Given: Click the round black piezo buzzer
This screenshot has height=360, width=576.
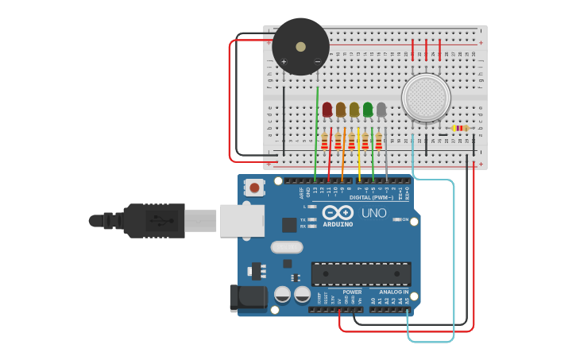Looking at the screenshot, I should [300, 46].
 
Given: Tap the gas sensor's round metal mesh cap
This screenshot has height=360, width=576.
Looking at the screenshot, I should [426, 98].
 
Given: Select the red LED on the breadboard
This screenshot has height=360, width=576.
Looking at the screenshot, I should [327, 110].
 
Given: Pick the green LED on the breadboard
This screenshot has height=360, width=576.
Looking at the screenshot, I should [368, 110].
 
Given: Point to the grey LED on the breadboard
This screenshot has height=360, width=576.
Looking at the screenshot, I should [381, 110].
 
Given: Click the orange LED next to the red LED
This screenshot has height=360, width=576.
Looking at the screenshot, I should [341, 110].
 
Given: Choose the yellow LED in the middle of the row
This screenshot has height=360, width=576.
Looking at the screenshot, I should [354, 110].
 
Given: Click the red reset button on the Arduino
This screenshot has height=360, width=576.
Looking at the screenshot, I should [254, 188].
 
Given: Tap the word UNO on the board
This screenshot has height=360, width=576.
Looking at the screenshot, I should [373, 213].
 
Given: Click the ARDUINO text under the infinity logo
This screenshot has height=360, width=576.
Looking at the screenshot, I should [338, 224].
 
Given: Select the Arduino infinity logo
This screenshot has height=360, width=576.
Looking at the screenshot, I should [338, 212].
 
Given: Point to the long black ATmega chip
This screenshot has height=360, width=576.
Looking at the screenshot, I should [361, 273].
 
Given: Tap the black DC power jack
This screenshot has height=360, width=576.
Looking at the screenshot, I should [247, 297].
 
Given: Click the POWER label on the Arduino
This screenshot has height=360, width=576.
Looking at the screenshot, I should [353, 292].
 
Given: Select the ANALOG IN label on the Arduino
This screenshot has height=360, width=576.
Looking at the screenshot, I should [394, 292].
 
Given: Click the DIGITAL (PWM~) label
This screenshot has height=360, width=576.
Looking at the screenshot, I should [371, 197].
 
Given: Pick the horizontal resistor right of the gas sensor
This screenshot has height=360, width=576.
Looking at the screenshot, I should [460, 128].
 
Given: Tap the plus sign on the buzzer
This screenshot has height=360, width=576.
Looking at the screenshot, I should [284, 61].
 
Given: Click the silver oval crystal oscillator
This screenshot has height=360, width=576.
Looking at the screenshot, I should [286, 247].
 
